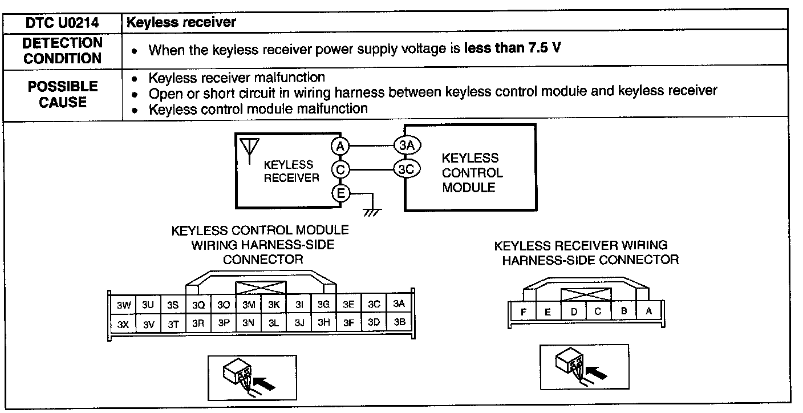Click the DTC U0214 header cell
click(62, 23)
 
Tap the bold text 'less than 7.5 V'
click(512, 48)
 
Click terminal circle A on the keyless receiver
click(340, 146)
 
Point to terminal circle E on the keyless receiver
click(340, 193)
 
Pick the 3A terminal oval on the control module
click(407, 145)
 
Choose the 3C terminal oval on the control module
click(407, 169)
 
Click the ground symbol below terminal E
click(372, 212)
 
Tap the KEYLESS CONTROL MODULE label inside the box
click(472, 173)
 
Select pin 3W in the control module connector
click(124, 305)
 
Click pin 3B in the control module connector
click(399, 322)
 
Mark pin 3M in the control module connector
click(249, 305)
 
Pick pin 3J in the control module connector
click(299, 323)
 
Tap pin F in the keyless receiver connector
click(524, 312)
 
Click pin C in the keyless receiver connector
click(598, 311)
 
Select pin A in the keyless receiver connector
click(648, 311)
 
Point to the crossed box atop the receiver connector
click(586, 294)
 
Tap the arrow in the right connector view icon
click(596, 373)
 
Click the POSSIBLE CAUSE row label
click(63, 94)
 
